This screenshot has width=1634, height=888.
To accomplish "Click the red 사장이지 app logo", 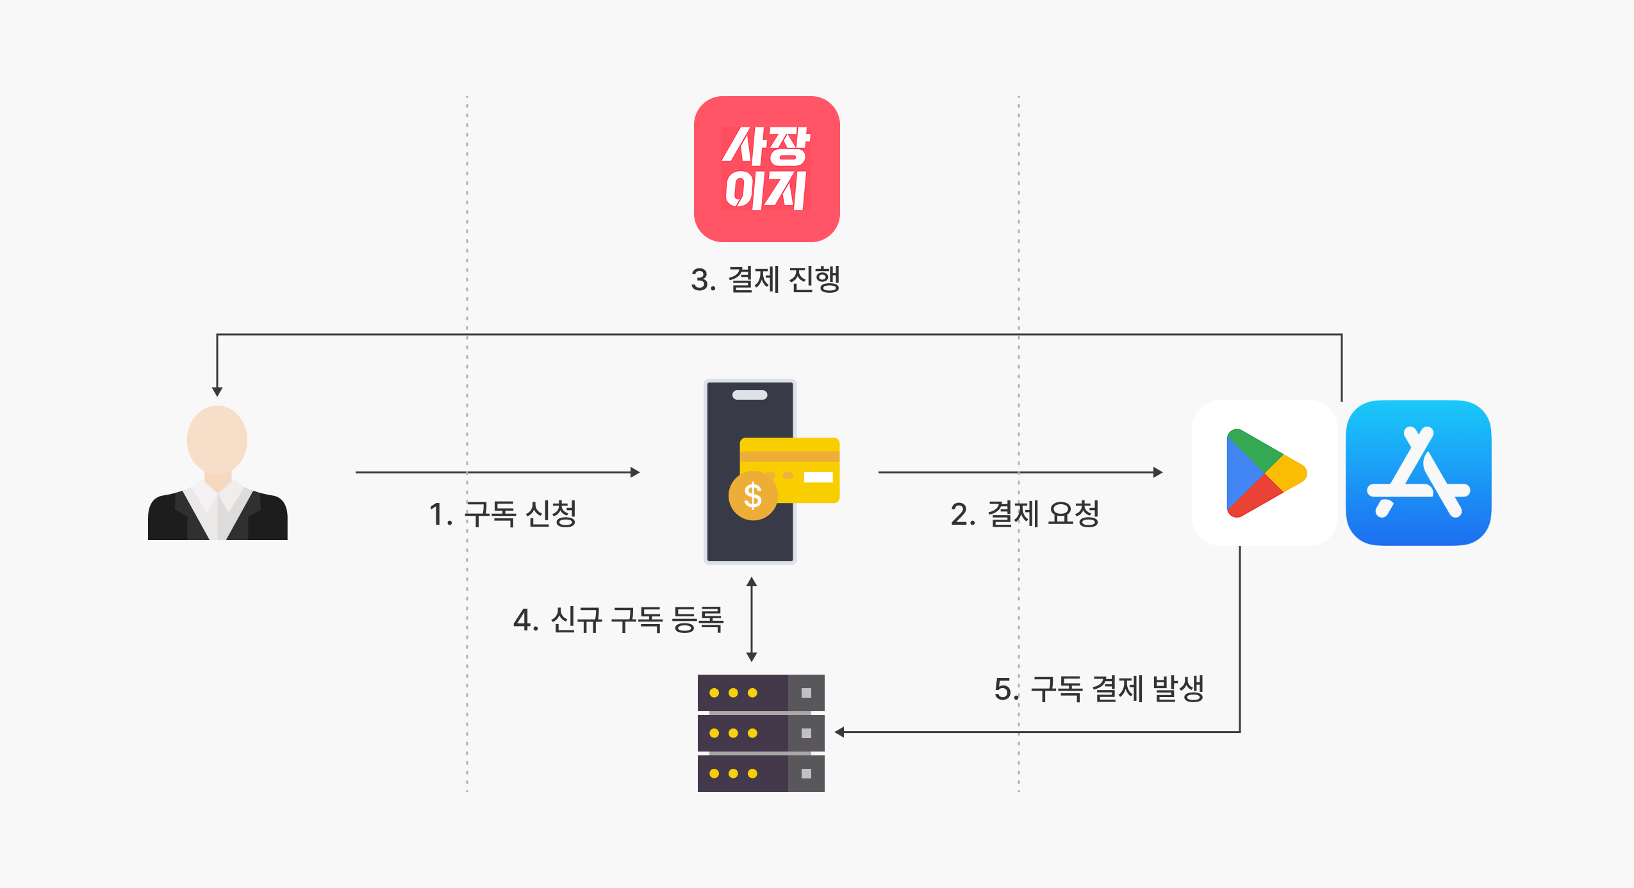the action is (766, 169).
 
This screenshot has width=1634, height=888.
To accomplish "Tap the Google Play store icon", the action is (1264, 473).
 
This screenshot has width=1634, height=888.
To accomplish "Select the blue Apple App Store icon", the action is (1419, 473).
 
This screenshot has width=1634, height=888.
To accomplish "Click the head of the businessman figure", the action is (217, 440).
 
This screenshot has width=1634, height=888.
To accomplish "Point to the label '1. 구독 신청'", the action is (503, 514).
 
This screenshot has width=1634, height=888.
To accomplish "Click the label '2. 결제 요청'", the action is (1025, 514).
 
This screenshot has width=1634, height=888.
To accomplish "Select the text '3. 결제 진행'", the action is (766, 279).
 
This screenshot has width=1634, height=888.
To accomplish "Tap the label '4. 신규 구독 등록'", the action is (618, 620).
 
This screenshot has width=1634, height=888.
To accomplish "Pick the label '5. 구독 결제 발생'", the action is (1099, 689).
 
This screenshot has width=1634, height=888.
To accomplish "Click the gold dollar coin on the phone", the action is (753, 496).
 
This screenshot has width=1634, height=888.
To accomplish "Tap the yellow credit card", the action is (789, 470).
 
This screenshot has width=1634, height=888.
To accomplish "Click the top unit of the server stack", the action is (761, 693).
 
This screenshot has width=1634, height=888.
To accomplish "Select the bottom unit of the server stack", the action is (761, 773).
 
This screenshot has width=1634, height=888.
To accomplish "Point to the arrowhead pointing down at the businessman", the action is (217, 391).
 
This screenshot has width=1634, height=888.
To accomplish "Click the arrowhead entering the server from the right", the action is (839, 732).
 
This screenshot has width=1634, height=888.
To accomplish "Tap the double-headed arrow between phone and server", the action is (752, 620).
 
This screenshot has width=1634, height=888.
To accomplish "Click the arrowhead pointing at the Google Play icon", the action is (1158, 472).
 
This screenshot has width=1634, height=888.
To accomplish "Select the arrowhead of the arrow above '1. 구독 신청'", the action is (635, 472).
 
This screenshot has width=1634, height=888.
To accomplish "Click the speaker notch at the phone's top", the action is (750, 395).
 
